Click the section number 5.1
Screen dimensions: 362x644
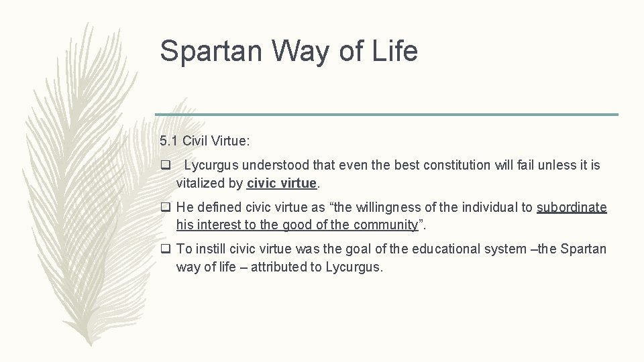click(168, 141)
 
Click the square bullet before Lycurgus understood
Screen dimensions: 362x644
click(165, 165)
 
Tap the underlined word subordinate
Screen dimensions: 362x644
click(572, 208)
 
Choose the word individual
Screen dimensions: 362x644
click(488, 208)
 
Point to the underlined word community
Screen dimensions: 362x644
click(384, 225)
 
